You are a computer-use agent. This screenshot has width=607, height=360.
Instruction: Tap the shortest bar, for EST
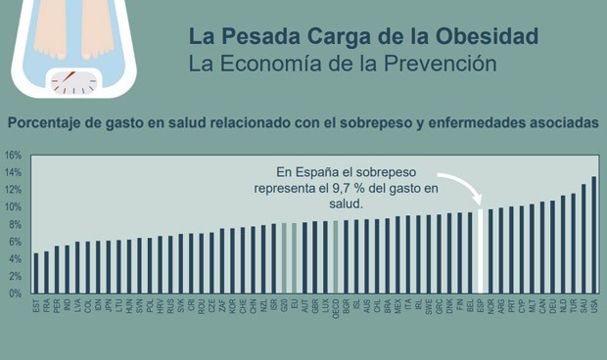pyautogui.click(x=36, y=273)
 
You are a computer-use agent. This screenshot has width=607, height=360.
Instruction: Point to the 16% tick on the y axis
pyautogui.click(x=13, y=156)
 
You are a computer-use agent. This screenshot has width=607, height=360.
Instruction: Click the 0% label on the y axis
pyautogui.click(x=14, y=293)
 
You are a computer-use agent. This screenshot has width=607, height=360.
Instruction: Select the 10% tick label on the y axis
pyautogui.click(x=13, y=207)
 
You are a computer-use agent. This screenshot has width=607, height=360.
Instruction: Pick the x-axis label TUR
pyautogui.click(x=574, y=308)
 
